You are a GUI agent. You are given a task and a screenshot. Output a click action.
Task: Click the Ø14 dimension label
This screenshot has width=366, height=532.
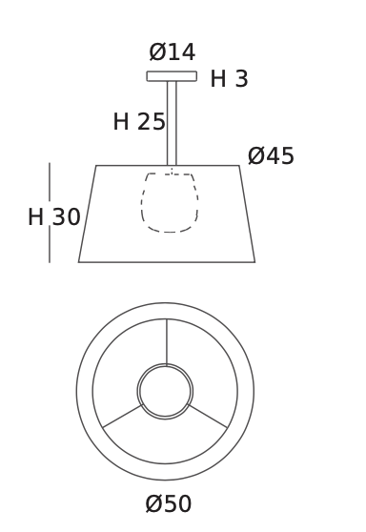pyautogui.click(x=173, y=51)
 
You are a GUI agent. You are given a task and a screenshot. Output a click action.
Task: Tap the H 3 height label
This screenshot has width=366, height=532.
pyautogui.click(x=230, y=79)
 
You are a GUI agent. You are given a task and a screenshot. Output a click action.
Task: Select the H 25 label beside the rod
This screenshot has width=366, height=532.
pyautogui.click(x=139, y=121)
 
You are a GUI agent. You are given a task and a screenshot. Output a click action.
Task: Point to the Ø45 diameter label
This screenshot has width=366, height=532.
pyautogui.click(x=271, y=156)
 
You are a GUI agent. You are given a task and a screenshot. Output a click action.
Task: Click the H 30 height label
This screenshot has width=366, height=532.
pyautogui.click(x=54, y=216)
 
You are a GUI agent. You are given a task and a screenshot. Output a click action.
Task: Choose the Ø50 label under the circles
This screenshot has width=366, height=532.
pyautogui.click(x=169, y=503)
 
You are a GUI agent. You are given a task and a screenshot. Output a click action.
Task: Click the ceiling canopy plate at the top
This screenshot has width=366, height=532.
pyautogui.click(x=172, y=76)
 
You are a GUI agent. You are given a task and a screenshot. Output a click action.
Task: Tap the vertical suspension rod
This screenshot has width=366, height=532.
pyautogui.click(x=172, y=123)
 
